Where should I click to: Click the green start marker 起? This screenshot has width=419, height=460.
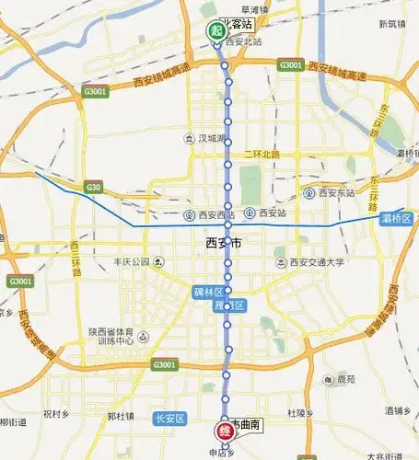click(x=216, y=29)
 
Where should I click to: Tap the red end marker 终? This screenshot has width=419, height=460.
click(x=224, y=430)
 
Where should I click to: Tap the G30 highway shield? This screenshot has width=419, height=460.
click(x=92, y=188)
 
